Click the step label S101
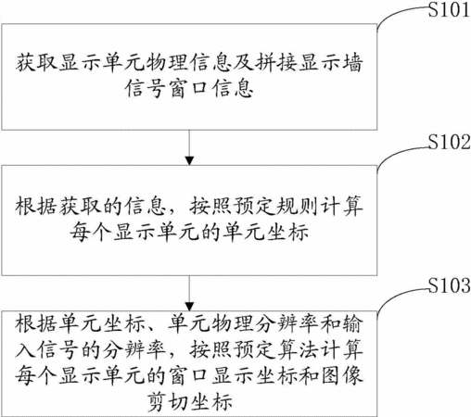point(449,9)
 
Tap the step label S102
point(449,142)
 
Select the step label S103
point(449,285)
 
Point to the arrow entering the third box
point(189,293)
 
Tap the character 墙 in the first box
point(352,63)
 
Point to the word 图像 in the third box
point(342,376)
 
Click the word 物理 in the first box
point(167,63)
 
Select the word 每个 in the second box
point(90,232)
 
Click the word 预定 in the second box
point(254,206)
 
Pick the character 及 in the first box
point(243,63)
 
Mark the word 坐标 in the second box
point(288,232)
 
